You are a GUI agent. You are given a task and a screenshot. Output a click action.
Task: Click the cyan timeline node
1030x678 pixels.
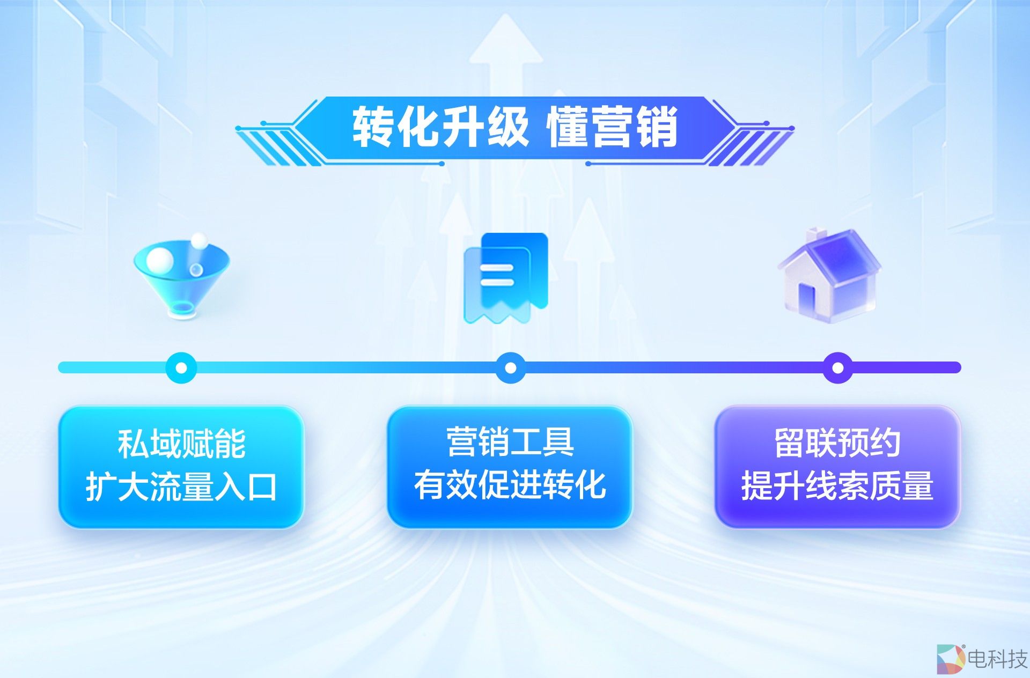click(x=181, y=368)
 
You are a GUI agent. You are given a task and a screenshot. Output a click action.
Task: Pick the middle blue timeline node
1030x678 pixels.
click(x=511, y=368)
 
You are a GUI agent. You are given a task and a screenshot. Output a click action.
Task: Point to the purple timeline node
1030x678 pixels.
click(x=837, y=368)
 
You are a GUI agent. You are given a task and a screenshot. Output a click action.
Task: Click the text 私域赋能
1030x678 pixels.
click(x=181, y=444)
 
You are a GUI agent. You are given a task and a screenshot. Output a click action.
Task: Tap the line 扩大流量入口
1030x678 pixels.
click(x=181, y=487)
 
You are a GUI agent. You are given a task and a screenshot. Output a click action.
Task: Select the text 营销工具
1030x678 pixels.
click(x=510, y=443)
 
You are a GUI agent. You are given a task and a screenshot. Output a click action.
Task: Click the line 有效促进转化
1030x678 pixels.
click(x=510, y=485)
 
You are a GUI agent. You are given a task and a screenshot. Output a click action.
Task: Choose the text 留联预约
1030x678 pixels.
click(x=837, y=443)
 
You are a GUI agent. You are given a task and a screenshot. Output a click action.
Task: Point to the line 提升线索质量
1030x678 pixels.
click(x=837, y=486)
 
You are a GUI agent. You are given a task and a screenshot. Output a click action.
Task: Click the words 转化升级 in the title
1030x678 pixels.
click(x=440, y=128)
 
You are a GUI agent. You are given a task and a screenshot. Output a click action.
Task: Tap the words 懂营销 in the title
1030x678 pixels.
click(x=612, y=128)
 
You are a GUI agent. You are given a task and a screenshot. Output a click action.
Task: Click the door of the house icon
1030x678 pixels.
click(x=806, y=299)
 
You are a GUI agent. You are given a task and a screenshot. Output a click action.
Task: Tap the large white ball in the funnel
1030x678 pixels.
click(x=160, y=260)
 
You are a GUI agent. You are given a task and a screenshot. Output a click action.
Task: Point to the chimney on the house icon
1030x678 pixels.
click(x=816, y=235)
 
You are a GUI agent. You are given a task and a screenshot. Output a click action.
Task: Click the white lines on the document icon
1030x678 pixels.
click(x=497, y=275)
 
